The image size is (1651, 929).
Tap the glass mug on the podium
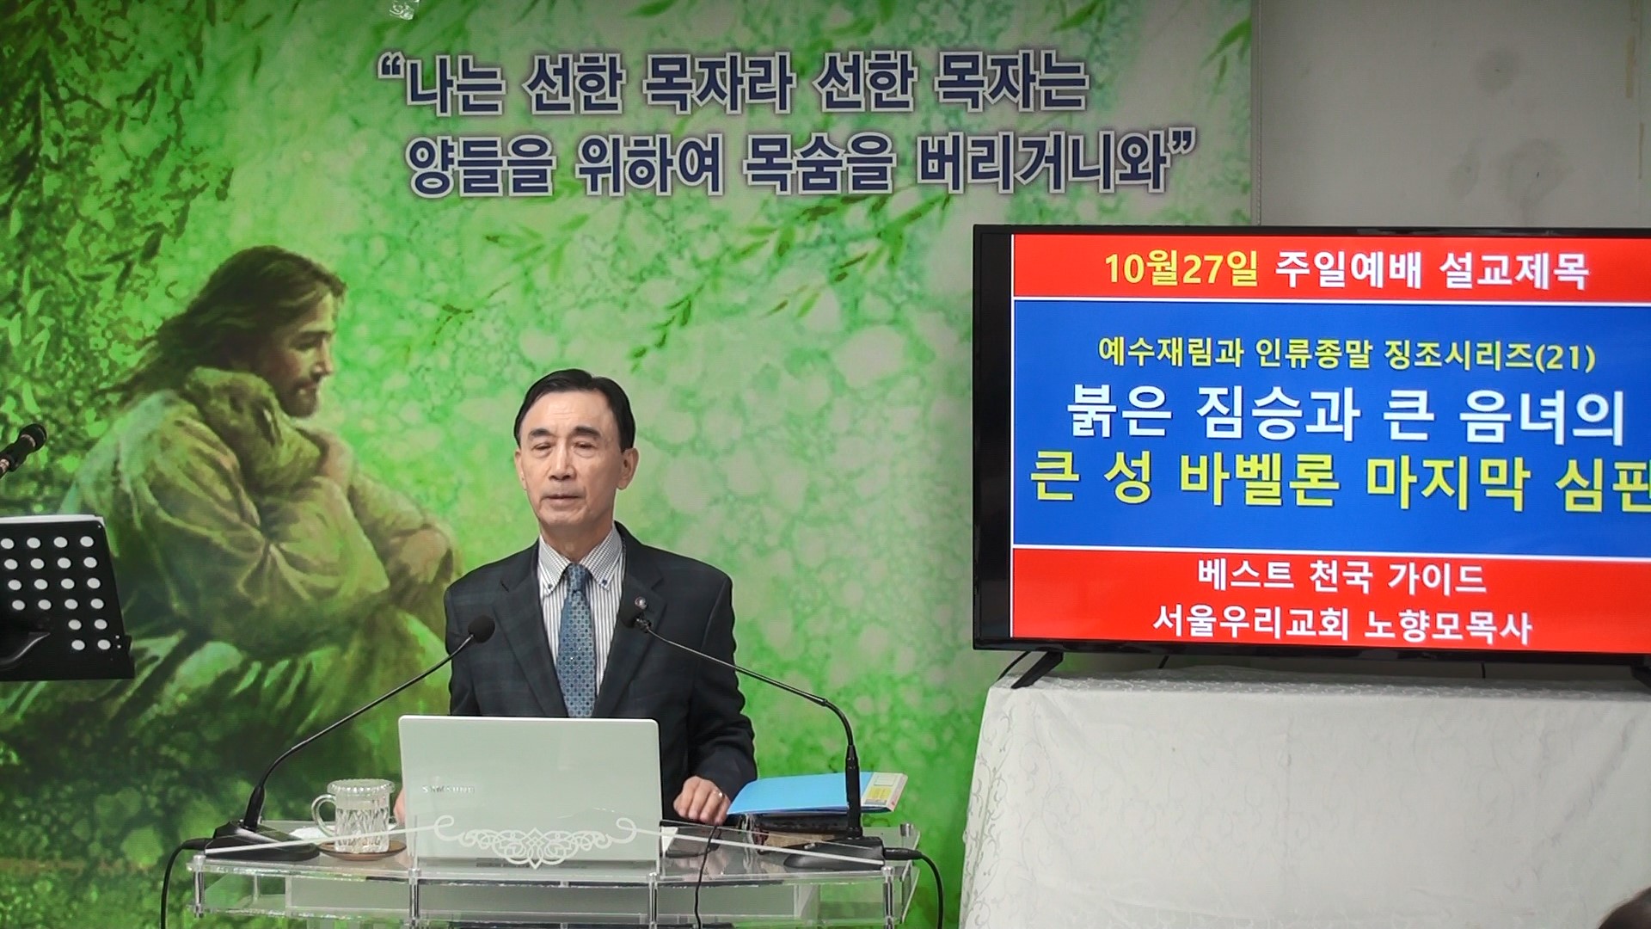coord(353,815)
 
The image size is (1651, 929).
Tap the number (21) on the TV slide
coord(1565,356)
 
